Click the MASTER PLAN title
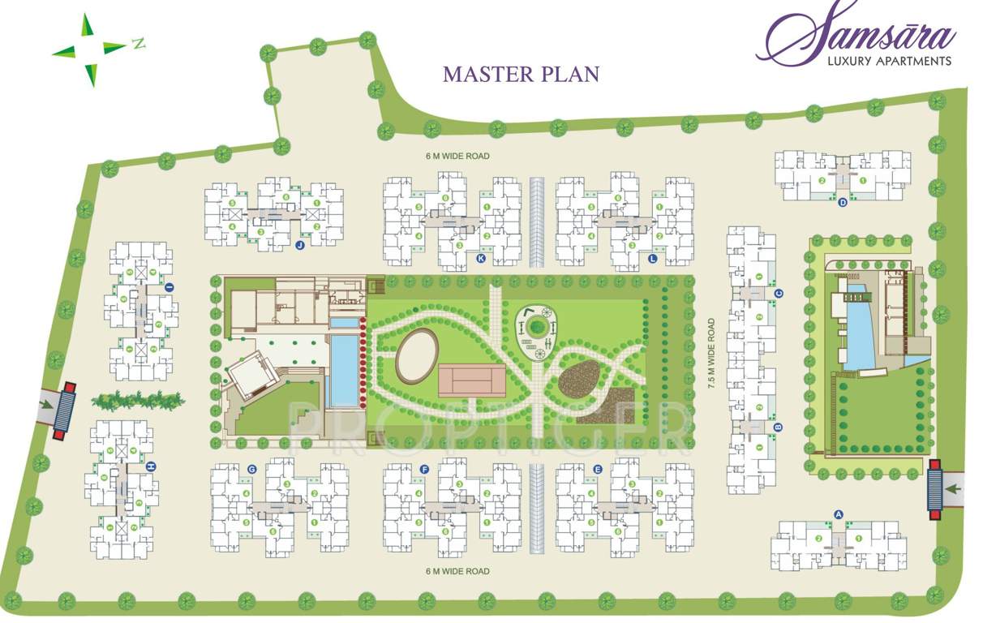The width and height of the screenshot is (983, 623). point(521,74)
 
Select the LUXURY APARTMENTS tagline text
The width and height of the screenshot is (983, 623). point(888,61)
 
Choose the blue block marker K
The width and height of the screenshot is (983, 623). point(481,259)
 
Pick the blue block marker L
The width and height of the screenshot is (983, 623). point(653,259)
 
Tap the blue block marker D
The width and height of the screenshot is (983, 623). point(843,203)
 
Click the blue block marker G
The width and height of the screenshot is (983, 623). point(252,470)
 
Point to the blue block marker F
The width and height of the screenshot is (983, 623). point(424,470)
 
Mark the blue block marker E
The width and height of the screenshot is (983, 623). point(598,470)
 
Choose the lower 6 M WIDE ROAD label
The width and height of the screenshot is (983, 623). point(457,572)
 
